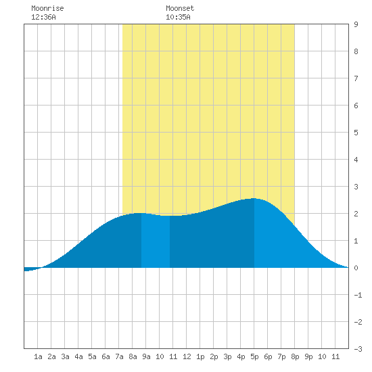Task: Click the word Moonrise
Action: [x=47, y=8]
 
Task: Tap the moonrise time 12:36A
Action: [x=43, y=17]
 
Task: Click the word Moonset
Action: [x=180, y=8]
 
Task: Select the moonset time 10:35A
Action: [x=178, y=17]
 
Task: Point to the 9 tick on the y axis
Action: [x=356, y=24]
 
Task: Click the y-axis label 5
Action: [x=356, y=133]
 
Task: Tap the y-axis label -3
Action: [x=358, y=349]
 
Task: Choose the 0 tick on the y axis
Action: [x=356, y=268]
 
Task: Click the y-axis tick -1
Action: [x=358, y=295]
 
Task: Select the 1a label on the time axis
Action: [x=38, y=356]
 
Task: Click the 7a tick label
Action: [x=119, y=356]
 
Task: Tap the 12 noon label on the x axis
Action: [x=187, y=356]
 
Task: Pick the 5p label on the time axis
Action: [x=254, y=356]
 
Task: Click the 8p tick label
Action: [x=295, y=356]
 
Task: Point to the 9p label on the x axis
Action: [x=308, y=356]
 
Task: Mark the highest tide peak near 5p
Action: [x=254, y=198]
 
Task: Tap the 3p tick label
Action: [x=227, y=356]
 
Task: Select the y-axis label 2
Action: [x=356, y=214]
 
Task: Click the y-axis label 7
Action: [x=356, y=78]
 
